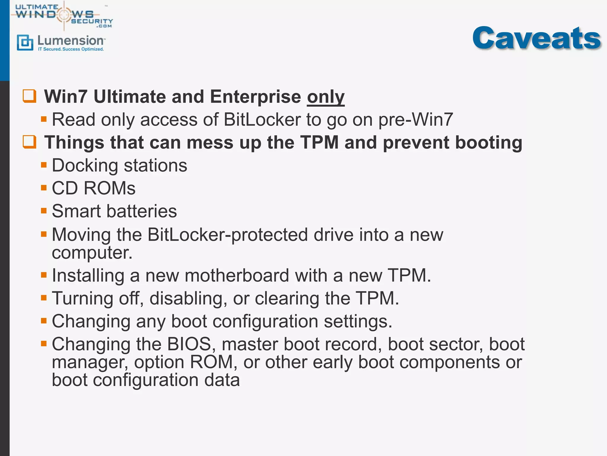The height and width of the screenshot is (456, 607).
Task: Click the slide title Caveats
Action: pyautogui.click(x=536, y=38)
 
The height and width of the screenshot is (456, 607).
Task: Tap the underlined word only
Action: pyautogui.click(x=325, y=97)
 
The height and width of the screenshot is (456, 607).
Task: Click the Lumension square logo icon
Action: pyautogui.click(x=25, y=43)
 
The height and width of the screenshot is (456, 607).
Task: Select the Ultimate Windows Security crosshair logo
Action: pyautogui.click(x=64, y=15)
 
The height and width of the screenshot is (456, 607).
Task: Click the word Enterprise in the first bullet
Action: pyautogui.click(x=255, y=97)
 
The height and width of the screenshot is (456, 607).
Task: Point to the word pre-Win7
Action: pyautogui.click(x=416, y=120)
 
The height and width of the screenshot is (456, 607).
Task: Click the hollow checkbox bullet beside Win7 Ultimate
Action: pyautogui.click(x=30, y=96)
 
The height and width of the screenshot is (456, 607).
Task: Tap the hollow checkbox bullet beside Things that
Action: pyautogui.click(x=30, y=142)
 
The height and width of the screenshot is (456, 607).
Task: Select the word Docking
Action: pyautogui.click(x=85, y=165)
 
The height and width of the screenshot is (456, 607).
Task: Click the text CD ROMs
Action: pyautogui.click(x=94, y=188)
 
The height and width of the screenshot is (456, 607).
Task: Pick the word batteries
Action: pyautogui.click(x=141, y=211)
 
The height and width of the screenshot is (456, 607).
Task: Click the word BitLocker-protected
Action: pyautogui.click(x=228, y=235)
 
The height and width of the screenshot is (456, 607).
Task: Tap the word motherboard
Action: pyautogui.click(x=237, y=275)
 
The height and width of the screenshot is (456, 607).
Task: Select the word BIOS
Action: pyautogui.click(x=189, y=344)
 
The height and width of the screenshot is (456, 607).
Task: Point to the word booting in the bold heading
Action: pyautogui.click(x=488, y=142)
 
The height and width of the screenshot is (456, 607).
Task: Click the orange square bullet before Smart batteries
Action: pyautogui.click(x=44, y=211)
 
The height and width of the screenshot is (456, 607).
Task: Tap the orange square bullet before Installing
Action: pyautogui.click(x=44, y=275)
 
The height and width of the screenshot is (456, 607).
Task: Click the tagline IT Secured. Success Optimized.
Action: pyautogui.click(x=71, y=49)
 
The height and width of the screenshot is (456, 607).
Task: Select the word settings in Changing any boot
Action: pyautogui.click(x=358, y=322)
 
